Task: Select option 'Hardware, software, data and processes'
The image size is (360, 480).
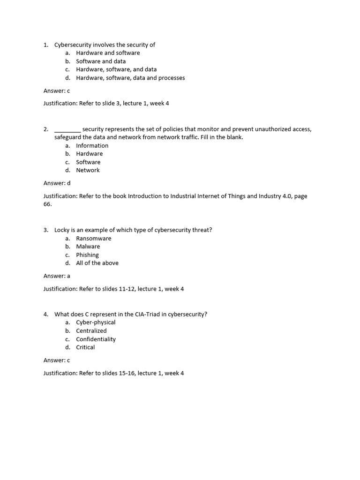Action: tap(130, 78)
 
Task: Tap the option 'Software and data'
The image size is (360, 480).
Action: tap(101, 61)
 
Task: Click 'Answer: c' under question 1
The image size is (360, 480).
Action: tap(57, 91)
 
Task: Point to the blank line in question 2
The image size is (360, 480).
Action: tap(67, 130)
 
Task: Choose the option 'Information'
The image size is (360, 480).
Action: tap(92, 146)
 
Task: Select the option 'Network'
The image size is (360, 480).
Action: tap(88, 170)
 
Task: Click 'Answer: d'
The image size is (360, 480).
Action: tap(57, 183)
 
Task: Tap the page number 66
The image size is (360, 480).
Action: tap(47, 204)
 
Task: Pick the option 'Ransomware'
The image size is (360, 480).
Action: tap(94, 239)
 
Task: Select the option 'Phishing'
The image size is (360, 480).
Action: tap(88, 255)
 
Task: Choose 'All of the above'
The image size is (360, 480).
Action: tap(97, 263)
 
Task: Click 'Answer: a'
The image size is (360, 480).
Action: tap(57, 276)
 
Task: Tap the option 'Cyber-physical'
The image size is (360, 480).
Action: tap(96, 322)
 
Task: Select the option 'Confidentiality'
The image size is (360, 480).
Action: tap(96, 339)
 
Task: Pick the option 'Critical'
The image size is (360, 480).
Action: tap(85, 347)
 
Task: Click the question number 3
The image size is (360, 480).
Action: tap(45, 230)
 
